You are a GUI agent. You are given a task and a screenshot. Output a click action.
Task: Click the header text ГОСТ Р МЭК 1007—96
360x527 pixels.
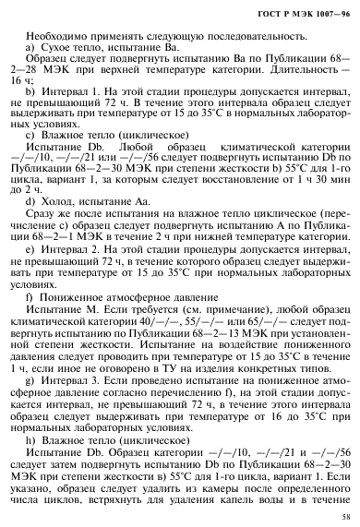pyautogui.click(x=305, y=9)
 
